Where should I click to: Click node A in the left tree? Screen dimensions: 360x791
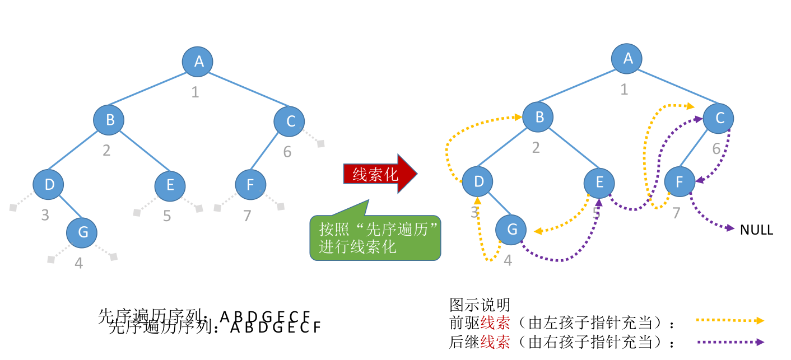point(198,62)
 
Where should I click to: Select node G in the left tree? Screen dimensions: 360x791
point(82,232)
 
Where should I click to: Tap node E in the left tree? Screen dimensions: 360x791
point(170,185)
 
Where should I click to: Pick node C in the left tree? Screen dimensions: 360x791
point(290,121)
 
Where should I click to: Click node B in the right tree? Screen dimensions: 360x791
point(538,117)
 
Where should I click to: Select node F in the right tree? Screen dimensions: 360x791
point(680,181)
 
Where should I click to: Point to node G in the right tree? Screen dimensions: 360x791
point(511,230)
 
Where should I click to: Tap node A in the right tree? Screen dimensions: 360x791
point(627,58)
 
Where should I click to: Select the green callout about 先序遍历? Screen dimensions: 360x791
point(375,237)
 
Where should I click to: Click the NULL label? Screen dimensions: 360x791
point(756,230)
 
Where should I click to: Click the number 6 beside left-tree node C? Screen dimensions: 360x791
point(287,152)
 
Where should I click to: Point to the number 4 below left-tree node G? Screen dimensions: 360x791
point(79,263)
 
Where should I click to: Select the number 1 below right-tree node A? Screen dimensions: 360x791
point(624,89)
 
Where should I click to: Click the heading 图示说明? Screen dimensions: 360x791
point(480,305)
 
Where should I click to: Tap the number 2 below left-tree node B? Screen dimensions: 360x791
point(106,149)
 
